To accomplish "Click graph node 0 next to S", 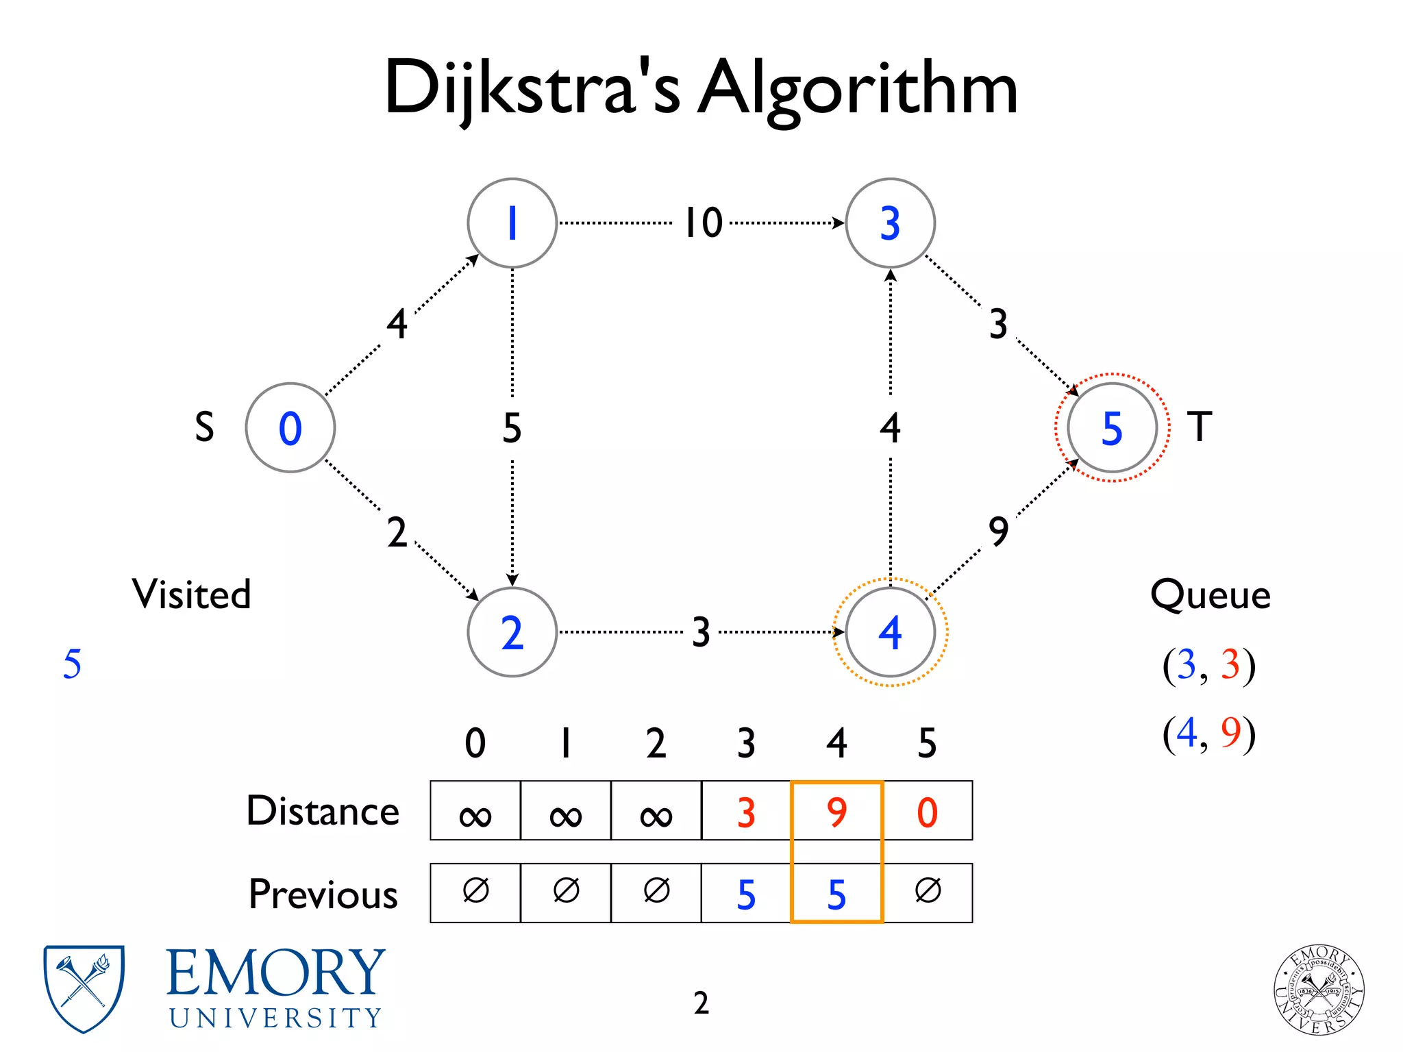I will pos(290,427).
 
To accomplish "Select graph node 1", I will pos(512,223).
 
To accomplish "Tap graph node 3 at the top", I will pos(890,223).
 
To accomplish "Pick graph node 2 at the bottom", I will pos(512,631).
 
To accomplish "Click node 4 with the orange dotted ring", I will pos(890,631).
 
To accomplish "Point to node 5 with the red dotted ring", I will pos(1112,427).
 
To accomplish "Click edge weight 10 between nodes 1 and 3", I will pos(704,223).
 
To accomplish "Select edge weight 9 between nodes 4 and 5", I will pos(998,531).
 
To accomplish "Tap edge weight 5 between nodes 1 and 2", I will pos(512,427).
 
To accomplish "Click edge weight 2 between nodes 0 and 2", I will pos(397,532).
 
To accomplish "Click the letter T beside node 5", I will pos(1200,426).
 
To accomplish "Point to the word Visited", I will pos(191,593).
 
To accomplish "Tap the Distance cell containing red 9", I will pos(836,812).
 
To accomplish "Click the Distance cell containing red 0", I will pos(928,812).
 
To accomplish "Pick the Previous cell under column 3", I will pos(746,894).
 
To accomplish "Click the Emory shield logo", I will pos(84,988).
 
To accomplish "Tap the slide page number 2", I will pos(701,1003).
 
